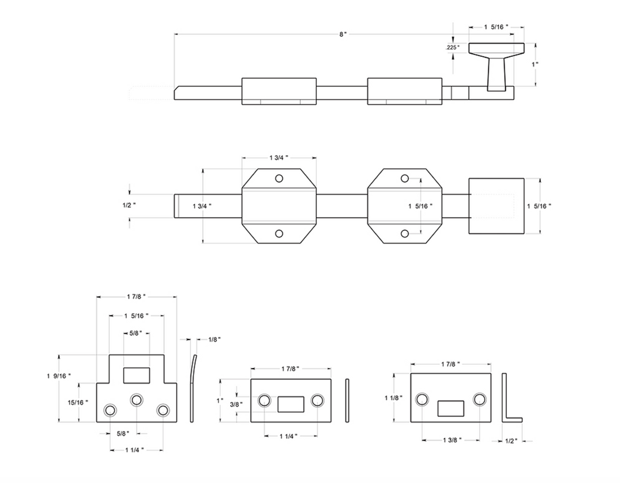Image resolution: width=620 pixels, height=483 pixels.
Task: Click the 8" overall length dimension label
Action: [342, 34]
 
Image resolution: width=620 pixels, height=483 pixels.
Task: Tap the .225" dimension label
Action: [453, 48]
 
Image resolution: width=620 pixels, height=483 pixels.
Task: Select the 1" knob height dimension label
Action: [535, 64]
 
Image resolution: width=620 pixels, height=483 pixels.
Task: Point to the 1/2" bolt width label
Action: [129, 205]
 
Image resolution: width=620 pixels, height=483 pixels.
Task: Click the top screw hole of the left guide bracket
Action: [279, 178]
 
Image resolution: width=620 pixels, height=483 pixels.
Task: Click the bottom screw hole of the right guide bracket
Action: [405, 233]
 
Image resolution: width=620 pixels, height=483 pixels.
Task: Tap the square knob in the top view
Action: [497, 206]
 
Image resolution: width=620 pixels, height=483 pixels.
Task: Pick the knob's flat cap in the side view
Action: [497, 49]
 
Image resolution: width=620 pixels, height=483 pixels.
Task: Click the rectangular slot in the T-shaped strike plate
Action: [137, 375]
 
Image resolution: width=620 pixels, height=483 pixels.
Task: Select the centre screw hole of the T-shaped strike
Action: [137, 400]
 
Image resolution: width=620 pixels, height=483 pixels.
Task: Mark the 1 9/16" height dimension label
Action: [59, 376]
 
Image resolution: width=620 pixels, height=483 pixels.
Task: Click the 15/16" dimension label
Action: [77, 402]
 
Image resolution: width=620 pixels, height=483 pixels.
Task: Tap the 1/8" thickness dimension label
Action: [214, 339]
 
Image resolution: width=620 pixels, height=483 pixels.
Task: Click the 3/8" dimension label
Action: [236, 404]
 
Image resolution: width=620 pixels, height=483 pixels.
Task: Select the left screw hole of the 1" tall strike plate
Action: [265, 400]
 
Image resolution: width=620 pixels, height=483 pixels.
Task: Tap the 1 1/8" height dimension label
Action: [394, 397]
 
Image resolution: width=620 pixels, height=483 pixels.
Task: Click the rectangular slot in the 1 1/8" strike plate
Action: [451, 408]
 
